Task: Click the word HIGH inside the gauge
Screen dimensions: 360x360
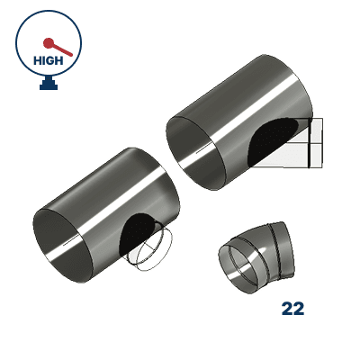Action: click(49, 60)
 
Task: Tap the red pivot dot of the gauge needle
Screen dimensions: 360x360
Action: click(48, 40)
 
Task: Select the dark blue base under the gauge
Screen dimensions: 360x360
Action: click(49, 85)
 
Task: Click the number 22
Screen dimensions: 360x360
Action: click(292, 309)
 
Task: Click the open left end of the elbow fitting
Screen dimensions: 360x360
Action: click(238, 267)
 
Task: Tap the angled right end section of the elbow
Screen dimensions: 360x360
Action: click(284, 247)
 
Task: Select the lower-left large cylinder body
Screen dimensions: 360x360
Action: click(108, 216)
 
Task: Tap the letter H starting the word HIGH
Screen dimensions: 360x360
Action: click(36, 60)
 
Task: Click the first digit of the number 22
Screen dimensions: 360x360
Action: click(286, 309)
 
